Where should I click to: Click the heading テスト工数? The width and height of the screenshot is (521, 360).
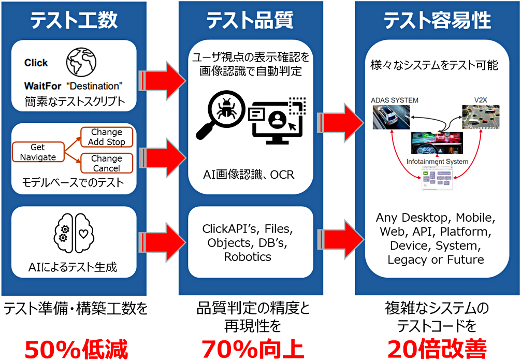[x=74, y=21]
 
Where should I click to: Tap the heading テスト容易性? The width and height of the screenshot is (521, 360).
[x=437, y=21]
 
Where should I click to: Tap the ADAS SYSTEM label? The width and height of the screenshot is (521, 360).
[x=395, y=100]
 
